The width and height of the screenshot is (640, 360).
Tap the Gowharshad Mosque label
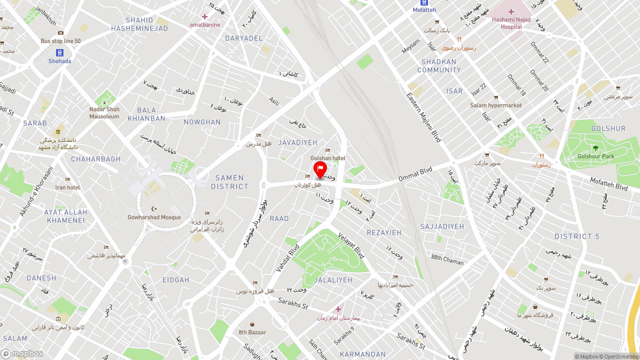[x=154, y=217]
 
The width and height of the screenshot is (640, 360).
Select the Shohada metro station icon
[x=60, y=52]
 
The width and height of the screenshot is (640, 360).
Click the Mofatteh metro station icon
[x=424, y=2]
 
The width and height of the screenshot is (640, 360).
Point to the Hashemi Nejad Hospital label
[x=510, y=23]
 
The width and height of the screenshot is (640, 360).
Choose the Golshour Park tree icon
[x=595, y=148]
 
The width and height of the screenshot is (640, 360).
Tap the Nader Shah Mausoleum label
[x=104, y=113]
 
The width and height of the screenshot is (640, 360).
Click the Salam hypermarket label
[x=495, y=105]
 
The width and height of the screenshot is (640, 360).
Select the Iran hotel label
[x=67, y=187]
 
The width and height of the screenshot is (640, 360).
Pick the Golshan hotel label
[x=328, y=158]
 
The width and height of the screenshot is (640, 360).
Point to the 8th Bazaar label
[x=252, y=332]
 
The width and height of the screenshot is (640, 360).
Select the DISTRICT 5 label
[x=576, y=236]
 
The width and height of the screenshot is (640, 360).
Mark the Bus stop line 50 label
[x=60, y=41]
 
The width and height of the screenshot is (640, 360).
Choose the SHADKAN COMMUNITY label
[x=439, y=66]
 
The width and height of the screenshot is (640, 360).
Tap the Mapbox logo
[x=22, y=353]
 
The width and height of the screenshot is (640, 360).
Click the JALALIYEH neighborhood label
[x=333, y=280]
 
